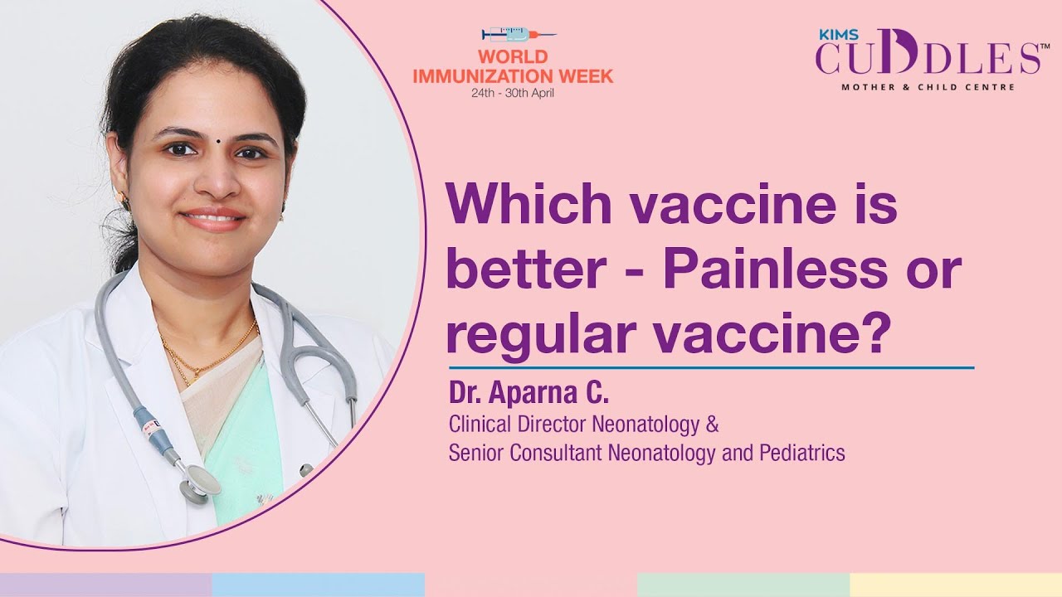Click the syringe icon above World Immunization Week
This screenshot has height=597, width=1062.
pos(518,35)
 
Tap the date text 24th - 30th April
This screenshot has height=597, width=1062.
pos(513,92)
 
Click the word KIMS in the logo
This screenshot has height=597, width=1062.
pos(832,33)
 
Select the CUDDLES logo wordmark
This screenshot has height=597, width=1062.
pos(926,57)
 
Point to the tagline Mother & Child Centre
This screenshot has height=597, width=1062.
pos(928,87)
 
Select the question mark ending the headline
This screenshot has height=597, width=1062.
pos(875,333)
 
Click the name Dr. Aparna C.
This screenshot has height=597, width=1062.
pos(529,392)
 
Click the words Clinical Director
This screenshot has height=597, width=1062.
pos(517,425)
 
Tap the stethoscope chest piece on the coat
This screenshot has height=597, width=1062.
pos(202,481)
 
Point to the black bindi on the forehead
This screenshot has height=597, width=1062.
pos(219,140)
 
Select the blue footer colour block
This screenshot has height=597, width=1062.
pos(318,585)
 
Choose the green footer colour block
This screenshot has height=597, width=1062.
pos(743,585)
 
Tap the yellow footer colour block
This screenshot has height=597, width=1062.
pos(956,585)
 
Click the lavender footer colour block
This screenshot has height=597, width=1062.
pos(105,585)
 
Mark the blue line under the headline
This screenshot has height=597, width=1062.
pos(711,366)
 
